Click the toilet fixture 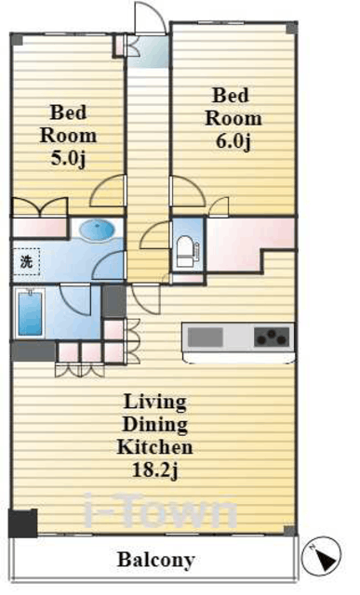coord(186,251)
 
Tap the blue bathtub coord(30,313)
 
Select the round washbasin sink coord(98,230)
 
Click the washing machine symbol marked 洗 coord(26,261)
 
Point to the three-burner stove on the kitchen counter coord(272,337)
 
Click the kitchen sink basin coord(206,337)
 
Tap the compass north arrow coord(321,556)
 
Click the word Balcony coord(156,560)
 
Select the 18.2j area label coord(155,470)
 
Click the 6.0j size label coord(233,142)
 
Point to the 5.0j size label coord(68,158)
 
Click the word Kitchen coord(155,447)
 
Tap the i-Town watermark coord(159,510)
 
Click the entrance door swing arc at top coord(151,17)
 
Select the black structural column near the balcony coord(22,523)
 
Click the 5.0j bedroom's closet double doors coord(40,207)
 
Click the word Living coord(155,403)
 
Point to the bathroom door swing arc coord(75,299)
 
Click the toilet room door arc coord(155,235)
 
